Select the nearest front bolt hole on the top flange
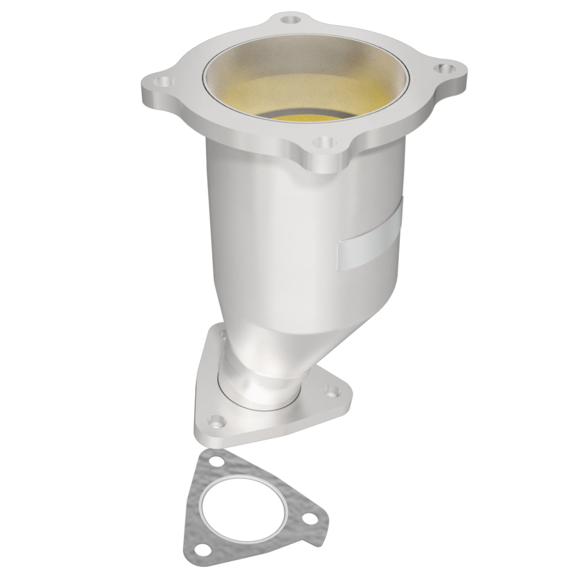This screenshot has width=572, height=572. click(325, 144)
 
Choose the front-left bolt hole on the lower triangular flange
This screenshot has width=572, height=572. click(212, 420)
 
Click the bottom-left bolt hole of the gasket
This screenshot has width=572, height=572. click(204, 549)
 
